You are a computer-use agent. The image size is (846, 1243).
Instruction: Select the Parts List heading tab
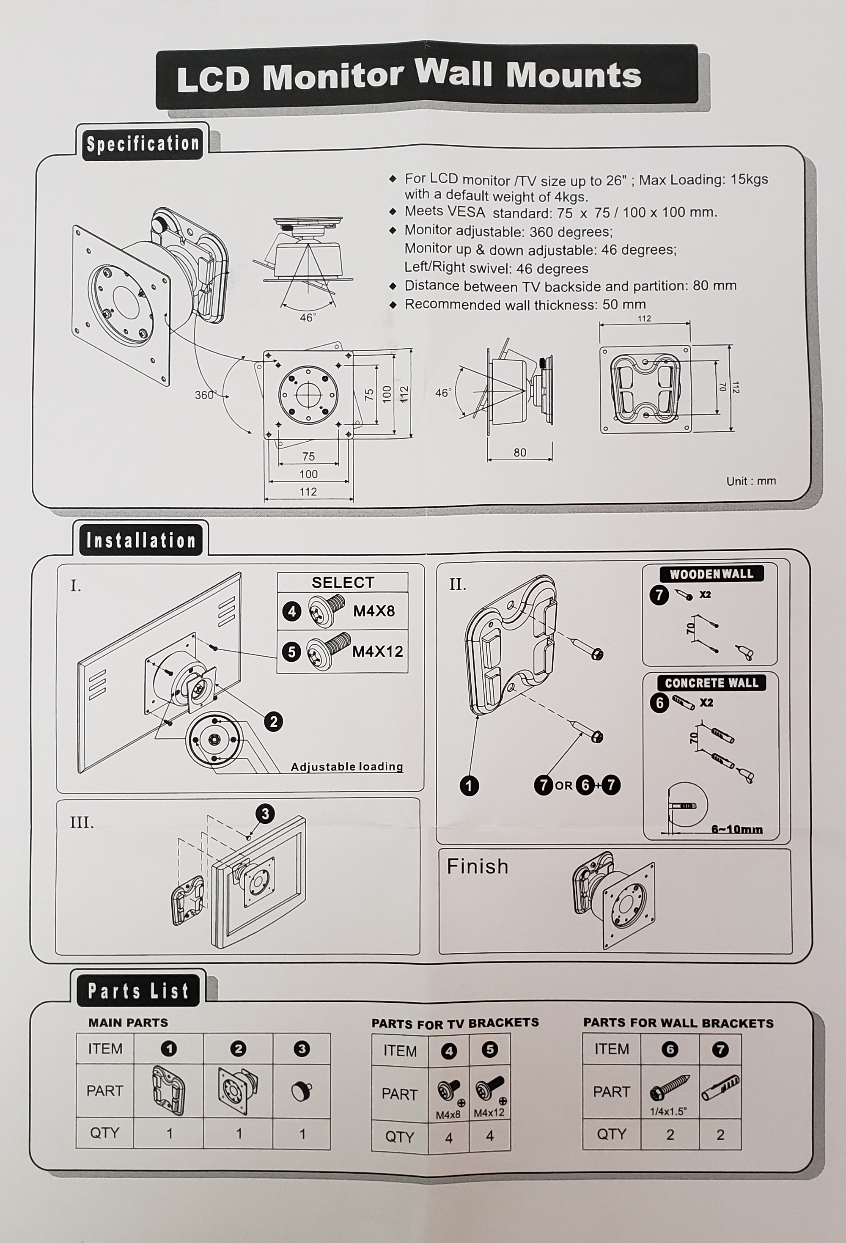138,991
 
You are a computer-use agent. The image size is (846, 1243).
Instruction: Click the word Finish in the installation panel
477,866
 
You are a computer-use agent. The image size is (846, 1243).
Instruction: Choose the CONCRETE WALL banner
711,683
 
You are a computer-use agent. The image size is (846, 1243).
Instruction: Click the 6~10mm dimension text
736,830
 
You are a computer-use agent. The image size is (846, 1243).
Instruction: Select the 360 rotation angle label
204,395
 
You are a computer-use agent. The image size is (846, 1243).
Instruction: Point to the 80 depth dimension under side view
520,453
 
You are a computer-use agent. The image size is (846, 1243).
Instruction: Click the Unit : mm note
750,481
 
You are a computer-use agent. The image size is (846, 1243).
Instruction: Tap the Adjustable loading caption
346,767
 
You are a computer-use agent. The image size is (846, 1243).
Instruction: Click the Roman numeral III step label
82,822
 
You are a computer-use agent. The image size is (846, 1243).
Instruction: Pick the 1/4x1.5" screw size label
668,1111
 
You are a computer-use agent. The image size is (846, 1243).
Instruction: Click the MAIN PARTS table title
128,1023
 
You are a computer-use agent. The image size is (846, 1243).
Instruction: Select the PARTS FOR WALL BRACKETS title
678,1023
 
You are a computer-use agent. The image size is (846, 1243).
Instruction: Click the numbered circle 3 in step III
265,814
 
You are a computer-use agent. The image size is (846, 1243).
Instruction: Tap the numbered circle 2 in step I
274,722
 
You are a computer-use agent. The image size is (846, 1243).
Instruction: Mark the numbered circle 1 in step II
469,786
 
